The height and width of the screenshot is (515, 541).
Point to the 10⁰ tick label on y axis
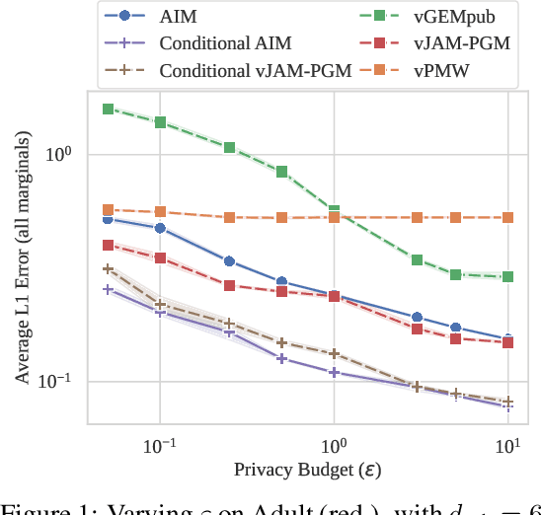[x=62, y=154]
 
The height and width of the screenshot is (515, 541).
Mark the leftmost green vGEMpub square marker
[x=108, y=109]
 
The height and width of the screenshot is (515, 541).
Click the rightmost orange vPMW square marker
[x=507, y=217]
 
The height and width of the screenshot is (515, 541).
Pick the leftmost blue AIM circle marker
[x=108, y=219]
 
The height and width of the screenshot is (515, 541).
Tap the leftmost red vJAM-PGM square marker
[x=108, y=245]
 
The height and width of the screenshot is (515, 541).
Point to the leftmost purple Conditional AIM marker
[x=108, y=289]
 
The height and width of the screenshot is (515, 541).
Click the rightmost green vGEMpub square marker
[x=507, y=277]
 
